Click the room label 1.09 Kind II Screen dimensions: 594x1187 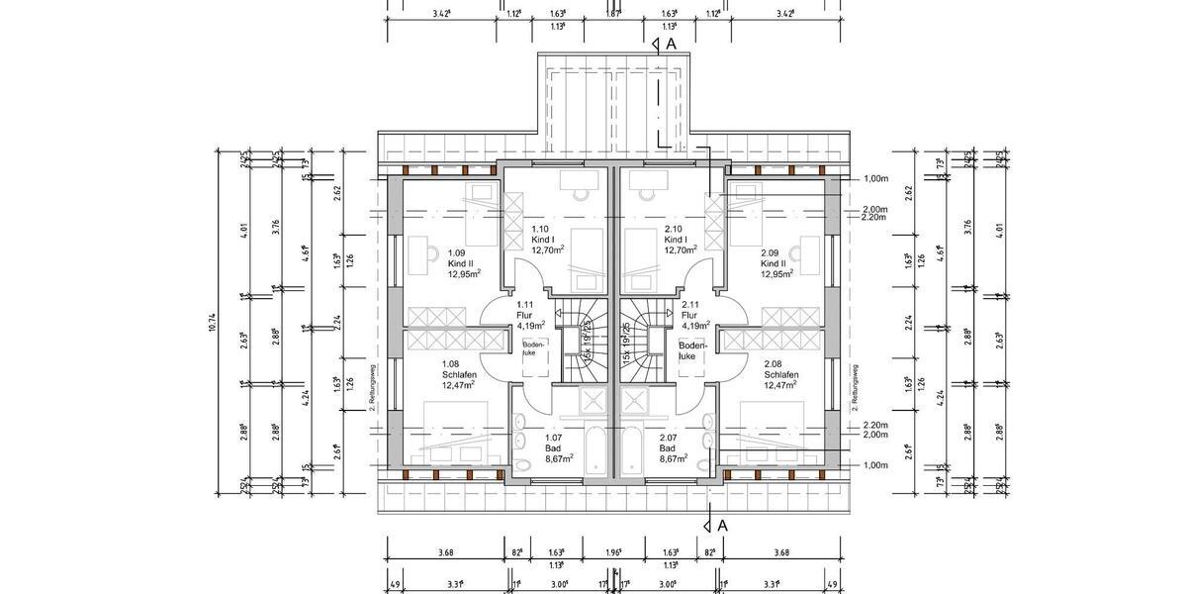pyautogui.click(x=463, y=262)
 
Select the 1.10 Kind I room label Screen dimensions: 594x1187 pyautogui.click(x=546, y=239)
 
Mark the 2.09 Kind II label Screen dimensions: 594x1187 pyautogui.click(x=774, y=263)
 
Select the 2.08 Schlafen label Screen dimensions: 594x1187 pyautogui.click(x=781, y=374)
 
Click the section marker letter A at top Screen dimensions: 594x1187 pyautogui.click(x=671, y=45)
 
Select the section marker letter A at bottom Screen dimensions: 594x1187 pyautogui.click(x=723, y=526)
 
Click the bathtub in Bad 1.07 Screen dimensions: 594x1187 pyautogui.click(x=597, y=450)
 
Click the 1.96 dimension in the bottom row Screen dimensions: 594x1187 pyautogui.click(x=615, y=552)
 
